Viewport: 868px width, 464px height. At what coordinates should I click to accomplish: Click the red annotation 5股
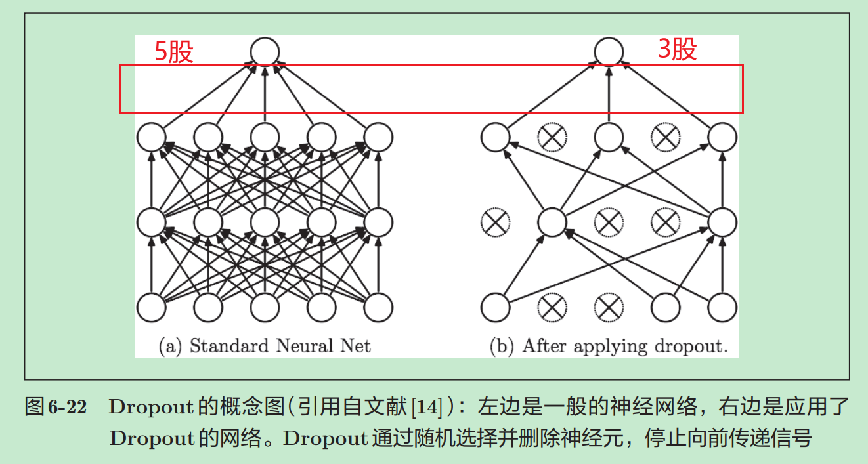click(174, 51)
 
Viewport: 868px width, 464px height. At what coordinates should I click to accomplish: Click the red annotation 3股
click(677, 49)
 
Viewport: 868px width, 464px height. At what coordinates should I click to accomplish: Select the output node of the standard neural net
click(265, 51)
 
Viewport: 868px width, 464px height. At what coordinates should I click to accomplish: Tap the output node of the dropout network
click(609, 51)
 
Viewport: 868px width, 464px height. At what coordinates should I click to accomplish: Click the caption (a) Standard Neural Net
click(265, 346)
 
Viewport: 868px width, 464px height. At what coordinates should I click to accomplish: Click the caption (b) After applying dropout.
click(609, 346)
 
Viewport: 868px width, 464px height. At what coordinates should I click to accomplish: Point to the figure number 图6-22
click(55, 407)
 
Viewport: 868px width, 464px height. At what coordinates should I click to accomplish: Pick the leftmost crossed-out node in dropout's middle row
click(494, 222)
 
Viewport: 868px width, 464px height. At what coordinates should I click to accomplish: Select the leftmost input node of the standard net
click(152, 306)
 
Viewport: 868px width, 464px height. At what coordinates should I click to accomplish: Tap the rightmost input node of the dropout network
click(722, 306)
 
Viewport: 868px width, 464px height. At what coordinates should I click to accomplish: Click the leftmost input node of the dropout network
click(495, 306)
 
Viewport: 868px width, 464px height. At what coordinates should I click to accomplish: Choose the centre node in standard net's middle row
click(265, 222)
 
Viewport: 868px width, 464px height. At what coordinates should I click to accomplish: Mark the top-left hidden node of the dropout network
click(495, 137)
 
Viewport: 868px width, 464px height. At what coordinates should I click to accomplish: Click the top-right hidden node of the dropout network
click(722, 137)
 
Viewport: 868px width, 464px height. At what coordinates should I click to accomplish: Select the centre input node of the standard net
click(265, 306)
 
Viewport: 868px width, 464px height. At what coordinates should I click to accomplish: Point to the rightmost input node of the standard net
click(379, 306)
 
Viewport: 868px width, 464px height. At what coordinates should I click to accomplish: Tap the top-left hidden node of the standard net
click(152, 137)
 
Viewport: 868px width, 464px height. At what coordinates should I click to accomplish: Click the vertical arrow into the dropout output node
click(609, 92)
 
